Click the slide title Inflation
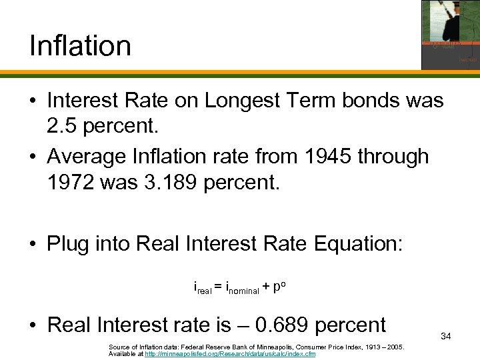pos(80,46)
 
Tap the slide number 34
pos(446,337)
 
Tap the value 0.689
pos(285,325)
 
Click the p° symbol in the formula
pos(281,287)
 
